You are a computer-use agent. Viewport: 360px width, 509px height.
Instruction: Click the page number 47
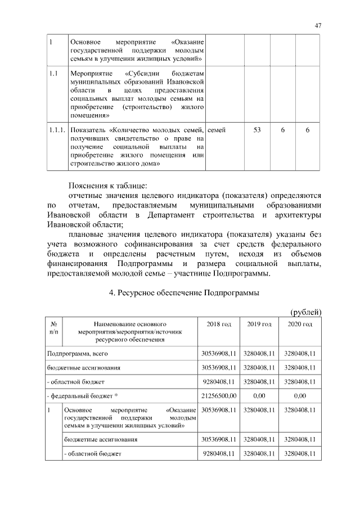318,25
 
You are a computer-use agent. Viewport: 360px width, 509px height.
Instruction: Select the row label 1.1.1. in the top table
57,130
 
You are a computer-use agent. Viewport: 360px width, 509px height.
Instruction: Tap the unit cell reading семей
217,130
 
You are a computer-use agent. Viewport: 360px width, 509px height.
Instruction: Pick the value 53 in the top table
257,130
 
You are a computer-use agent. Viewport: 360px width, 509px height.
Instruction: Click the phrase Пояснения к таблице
107,186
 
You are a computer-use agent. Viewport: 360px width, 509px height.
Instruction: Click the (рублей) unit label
305,312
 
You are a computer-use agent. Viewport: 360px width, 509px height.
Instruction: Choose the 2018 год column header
219,325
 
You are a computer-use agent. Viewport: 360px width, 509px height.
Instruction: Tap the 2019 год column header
259,325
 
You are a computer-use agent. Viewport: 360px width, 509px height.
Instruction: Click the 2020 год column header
300,325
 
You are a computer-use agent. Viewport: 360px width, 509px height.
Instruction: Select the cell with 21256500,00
219,397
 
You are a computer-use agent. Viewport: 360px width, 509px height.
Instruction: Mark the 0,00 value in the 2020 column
300,397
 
